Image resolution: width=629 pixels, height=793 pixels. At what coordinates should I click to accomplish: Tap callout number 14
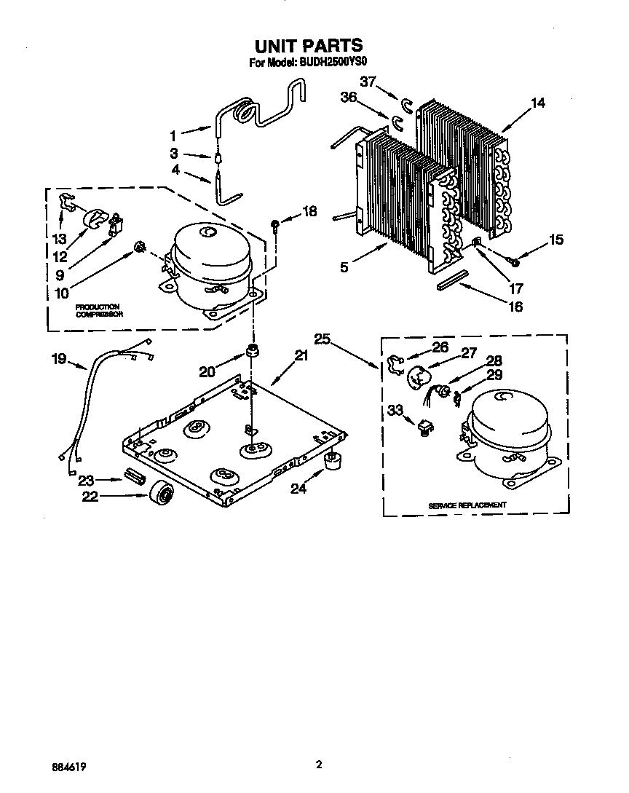537,103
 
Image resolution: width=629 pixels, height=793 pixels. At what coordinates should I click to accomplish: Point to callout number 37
369,82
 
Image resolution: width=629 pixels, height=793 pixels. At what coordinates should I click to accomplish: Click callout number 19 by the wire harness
60,358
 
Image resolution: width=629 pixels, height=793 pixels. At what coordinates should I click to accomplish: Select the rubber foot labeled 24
333,461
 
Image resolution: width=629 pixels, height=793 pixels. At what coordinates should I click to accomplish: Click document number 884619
74,767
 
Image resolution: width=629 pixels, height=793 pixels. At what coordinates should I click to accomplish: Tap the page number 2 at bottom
319,765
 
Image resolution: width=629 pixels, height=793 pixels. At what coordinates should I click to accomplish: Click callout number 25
324,339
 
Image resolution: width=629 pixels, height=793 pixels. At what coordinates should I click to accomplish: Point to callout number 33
395,411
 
